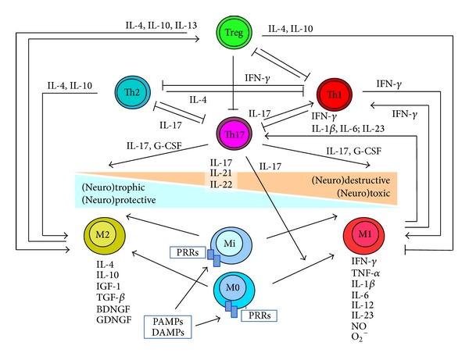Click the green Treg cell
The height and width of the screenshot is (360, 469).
pyautogui.click(x=234, y=33)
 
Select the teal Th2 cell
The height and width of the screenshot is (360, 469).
pyautogui.click(x=133, y=92)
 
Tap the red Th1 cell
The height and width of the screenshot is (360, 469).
pyautogui.click(x=335, y=94)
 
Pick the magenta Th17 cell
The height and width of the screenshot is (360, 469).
pyautogui.click(x=234, y=134)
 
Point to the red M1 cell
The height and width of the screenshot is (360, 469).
pyautogui.click(x=363, y=235)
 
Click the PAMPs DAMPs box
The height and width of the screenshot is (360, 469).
pyautogui.click(x=168, y=327)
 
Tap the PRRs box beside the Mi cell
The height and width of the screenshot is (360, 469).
pyautogui.click(x=188, y=252)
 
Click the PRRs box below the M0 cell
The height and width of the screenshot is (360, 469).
pyautogui.click(x=259, y=315)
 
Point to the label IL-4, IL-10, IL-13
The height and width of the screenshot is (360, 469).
pyautogui.click(x=161, y=26)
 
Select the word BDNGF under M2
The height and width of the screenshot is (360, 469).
pyautogui.click(x=113, y=309)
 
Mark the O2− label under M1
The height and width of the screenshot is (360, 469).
pyautogui.click(x=360, y=337)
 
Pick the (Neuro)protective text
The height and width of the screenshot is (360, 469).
pyautogui.click(x=119, y=200)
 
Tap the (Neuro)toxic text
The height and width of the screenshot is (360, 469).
pyautogui.click(x=363, y=194)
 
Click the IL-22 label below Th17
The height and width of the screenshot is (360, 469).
pyautogui.click(x=221, y=184)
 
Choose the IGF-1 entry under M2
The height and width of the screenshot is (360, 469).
pyautogui.click(x=109, y=287)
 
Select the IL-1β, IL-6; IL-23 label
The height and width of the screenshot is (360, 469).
pyautogui.click(x=348, y=129)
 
